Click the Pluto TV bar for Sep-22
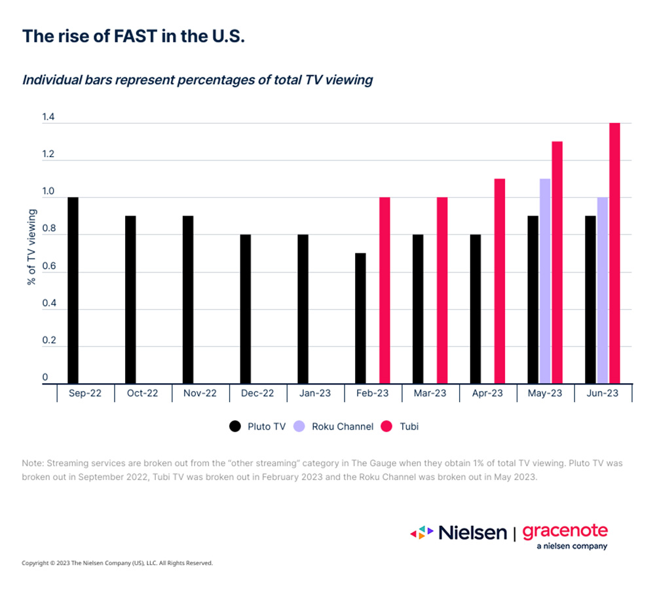pos(73,290)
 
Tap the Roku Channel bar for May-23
pos(545,281)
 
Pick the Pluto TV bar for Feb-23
pos(360,318)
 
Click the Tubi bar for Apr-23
pos(500,281)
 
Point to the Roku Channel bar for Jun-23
pos(603,290)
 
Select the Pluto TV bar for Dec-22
pos(246,309)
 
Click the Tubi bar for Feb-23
pos(384,290)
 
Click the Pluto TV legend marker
pos(234,426)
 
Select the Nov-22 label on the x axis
pos(200,394)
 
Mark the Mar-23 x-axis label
pos(430,394)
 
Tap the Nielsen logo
pos(458,532)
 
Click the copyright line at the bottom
pos(117,563)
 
